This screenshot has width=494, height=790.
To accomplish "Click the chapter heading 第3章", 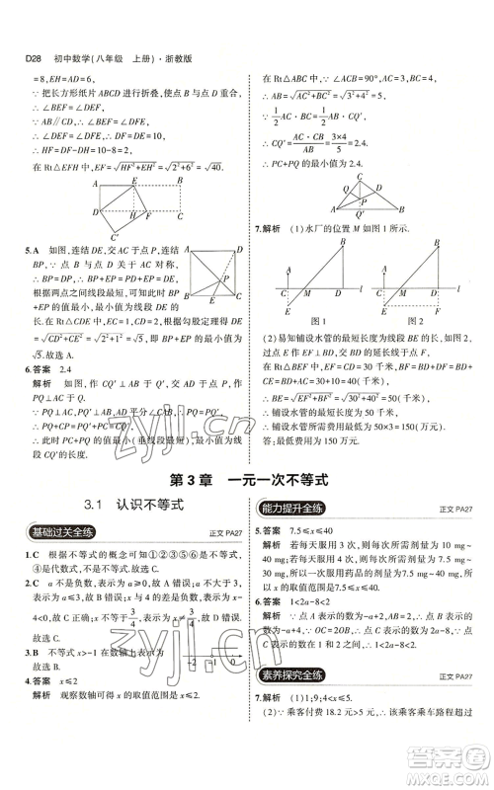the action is pyautogui.click(x=189, y=479).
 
